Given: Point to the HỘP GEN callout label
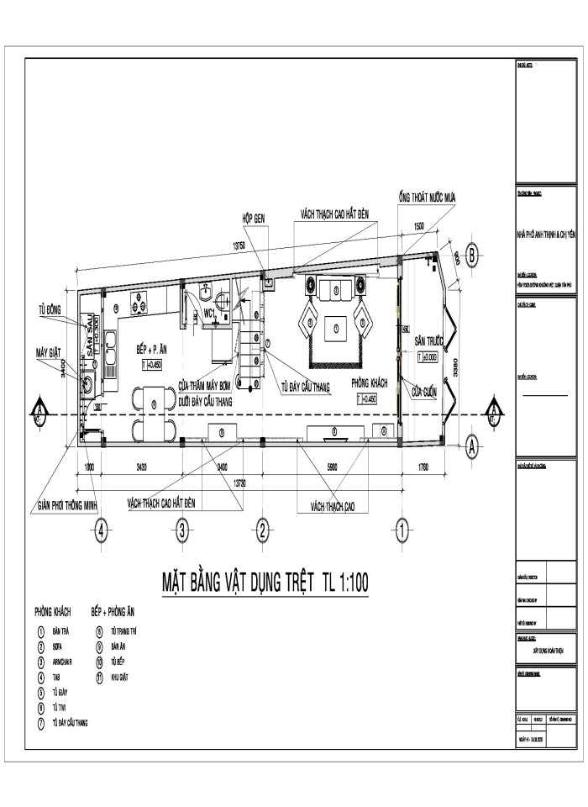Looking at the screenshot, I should [x=254, y=217].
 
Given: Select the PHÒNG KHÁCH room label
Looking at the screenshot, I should [x=369, y=380].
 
